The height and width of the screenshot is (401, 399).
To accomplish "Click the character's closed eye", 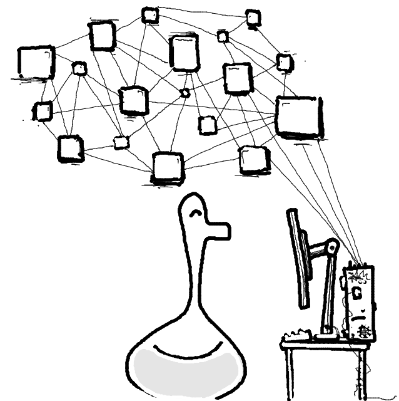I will tap(195, 214).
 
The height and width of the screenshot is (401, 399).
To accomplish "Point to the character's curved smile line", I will tap(182, 348).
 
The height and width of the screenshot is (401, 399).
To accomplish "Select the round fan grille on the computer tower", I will tap(364, 331).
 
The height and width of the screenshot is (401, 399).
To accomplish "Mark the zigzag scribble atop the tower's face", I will tap(358, 276).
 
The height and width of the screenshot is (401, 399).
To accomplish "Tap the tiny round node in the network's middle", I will tap(184, 93).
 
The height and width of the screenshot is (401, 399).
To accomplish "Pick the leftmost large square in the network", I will tap(36, 62).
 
